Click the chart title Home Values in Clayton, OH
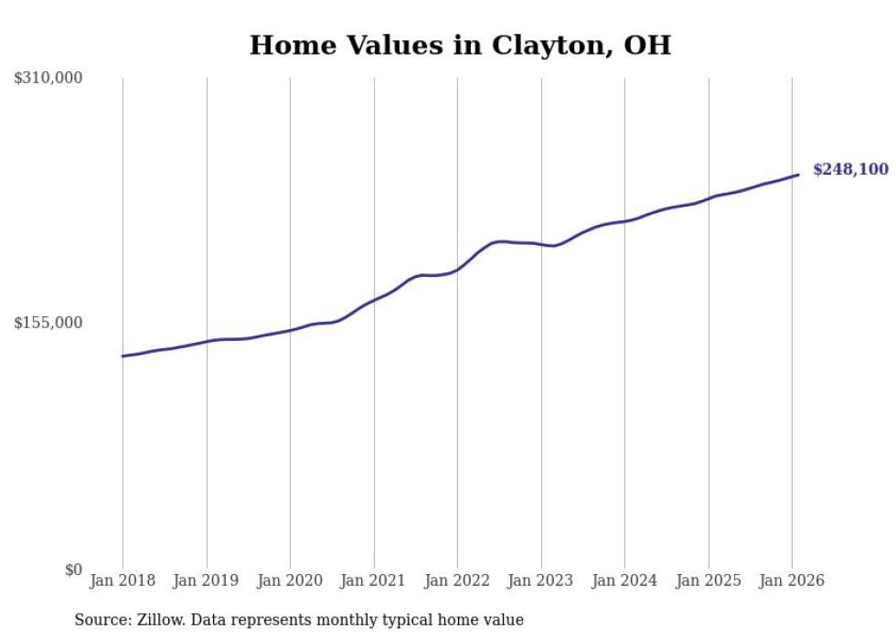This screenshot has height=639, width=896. [x=460, y=45]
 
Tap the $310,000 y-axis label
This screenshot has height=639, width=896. [x=48, y=79]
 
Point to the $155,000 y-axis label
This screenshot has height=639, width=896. [x=48, y=323]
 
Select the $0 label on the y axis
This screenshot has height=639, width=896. [x=73, y=570]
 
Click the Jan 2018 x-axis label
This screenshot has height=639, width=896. [x=123, y=580]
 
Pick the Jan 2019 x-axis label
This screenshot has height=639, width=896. [x=206, y=580]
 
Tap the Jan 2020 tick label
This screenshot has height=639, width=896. [x=290, y=580]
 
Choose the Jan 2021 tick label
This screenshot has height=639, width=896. [x=373, y=580]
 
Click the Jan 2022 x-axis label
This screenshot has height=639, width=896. [x=457, y=580]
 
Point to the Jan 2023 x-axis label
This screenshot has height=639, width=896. [x=540, y=580]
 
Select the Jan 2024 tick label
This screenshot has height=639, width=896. [x=624, y=580]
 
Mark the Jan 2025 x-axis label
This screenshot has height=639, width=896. [x=708, y=580]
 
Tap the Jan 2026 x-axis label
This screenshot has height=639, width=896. [x=792, y=580]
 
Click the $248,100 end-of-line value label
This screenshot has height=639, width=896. [x=850, y=169]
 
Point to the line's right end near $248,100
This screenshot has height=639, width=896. [x=798, y=175]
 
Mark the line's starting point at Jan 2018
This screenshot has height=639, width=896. [x=123, y=356]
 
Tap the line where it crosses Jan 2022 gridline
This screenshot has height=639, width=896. [x=457, y=269]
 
